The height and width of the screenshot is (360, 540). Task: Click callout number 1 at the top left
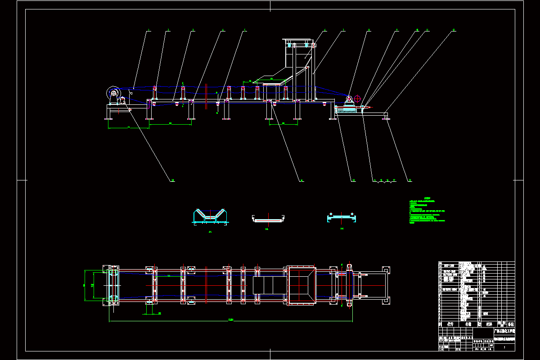coord(149,31)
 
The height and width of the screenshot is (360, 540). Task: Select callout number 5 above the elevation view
coord(245,31)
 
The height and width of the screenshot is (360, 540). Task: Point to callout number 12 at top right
coord(454,30)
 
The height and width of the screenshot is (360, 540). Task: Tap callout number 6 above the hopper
coord(325,31)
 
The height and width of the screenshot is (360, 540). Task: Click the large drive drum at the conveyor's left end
coord(112,94)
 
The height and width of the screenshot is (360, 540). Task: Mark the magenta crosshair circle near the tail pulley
coord(357,98)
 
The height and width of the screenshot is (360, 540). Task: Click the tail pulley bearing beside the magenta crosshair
coord(349,99)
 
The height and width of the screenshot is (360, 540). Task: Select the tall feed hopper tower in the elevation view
coord(299,67)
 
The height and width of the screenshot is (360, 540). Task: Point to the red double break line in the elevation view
coord(206,96)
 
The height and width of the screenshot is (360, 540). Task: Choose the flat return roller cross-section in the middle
coord(269,219)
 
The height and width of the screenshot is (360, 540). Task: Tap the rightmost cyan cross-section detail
coord(342,218)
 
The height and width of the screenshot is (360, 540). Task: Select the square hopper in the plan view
coord(301,285)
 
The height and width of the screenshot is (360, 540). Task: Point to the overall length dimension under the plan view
coord(231,320)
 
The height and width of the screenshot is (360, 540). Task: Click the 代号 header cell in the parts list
coord(450,324)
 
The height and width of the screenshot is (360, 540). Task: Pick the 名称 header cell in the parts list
coord(468,324)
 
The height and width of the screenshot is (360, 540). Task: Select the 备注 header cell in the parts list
coord(510,324)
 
